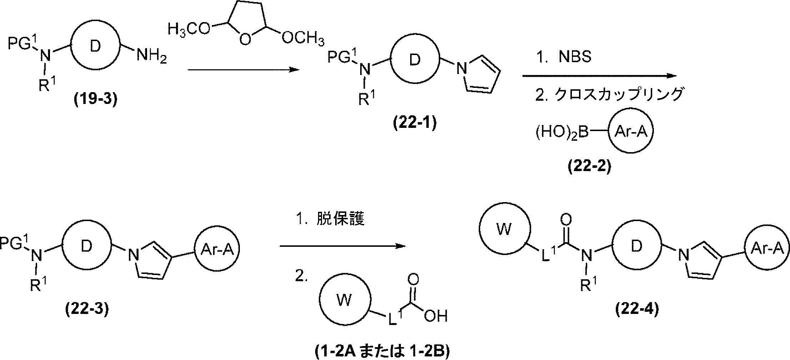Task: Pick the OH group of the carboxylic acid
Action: coord(436,316)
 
